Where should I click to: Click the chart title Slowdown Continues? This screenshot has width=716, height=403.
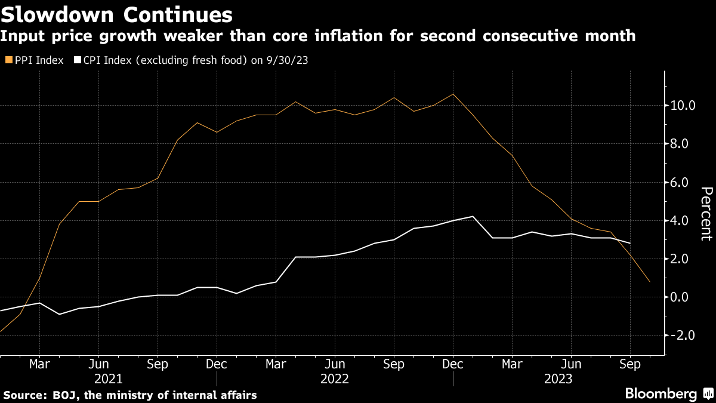[116, 13]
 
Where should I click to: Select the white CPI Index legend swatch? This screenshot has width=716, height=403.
[77, 60]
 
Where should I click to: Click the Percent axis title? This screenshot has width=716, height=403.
[706, 213]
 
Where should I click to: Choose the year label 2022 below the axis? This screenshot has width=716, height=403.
[335, 379]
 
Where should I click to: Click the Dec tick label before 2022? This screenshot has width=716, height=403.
[217, 363]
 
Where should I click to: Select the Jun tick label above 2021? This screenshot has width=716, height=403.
[98, 363]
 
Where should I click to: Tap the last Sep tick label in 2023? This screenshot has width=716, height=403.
[630, 363]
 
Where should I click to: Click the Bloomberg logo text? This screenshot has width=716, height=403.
[661, 394]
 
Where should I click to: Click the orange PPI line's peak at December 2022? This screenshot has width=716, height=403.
[453, 94]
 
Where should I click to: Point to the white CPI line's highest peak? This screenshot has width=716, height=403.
[473, 217]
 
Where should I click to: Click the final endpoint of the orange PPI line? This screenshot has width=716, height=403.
[650, 282]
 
